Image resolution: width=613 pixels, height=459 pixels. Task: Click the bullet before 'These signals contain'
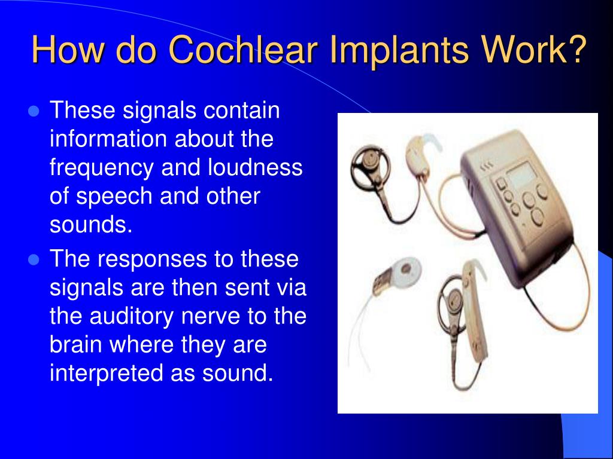[x=34, y=112]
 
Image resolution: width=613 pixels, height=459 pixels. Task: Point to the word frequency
[x=101, y=169]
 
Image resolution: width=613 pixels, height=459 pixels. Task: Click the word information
[x=108, y=140]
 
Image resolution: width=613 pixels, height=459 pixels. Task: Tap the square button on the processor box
[x=498, y=183]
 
